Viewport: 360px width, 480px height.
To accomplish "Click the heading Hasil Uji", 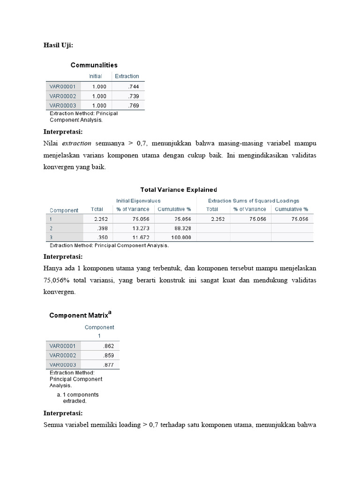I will click(x=58, y=45).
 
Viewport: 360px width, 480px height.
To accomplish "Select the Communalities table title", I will click(x=94, y=65).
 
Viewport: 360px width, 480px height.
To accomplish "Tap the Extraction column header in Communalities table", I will click(x=127, y=76).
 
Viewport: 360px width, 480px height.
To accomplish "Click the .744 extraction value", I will click(x=133, y=87).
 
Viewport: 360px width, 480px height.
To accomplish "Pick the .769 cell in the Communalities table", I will click(x=133, y=105).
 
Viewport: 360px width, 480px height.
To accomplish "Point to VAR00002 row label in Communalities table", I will click(x=62, y=96).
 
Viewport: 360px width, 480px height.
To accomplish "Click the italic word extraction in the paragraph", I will click(x=76, y=143).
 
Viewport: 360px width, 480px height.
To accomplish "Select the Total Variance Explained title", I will click(x=179, y=190).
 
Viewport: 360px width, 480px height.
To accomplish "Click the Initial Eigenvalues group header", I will click(x=138, y=201).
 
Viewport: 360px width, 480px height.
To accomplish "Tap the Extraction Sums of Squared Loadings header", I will click(x=254, y=201).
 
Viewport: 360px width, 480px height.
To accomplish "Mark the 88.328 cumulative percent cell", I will click(x=182, y=228).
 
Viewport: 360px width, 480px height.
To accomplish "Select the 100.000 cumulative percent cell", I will click(x=180, y=238).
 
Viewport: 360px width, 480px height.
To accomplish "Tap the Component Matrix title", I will click(x=80, y=315).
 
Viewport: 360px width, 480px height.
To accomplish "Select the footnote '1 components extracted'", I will click(x=77, y=398).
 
